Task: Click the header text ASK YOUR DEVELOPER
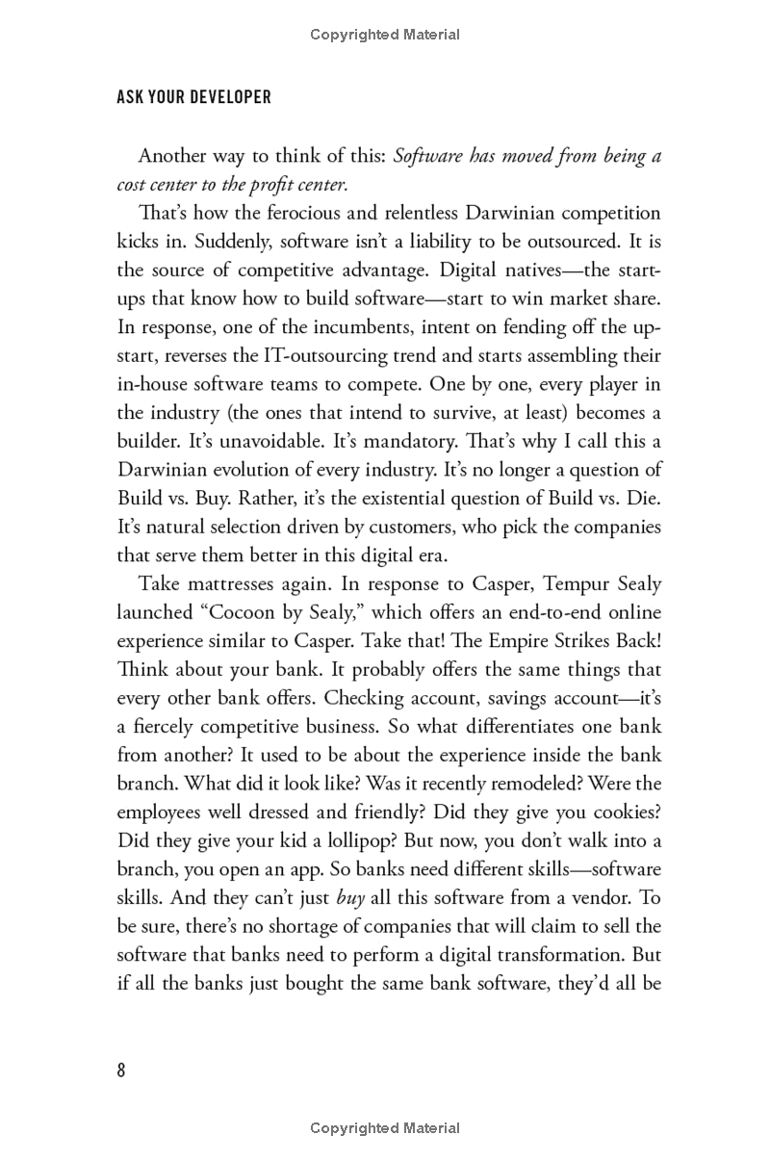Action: (x=193, y=97)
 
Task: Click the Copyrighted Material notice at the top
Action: (x=385, y=35)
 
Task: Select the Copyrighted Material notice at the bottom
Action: (x=385, y=1128)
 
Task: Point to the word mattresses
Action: (x=233, y=583)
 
